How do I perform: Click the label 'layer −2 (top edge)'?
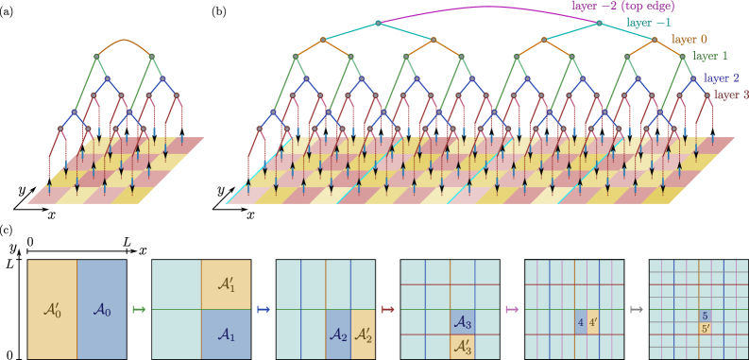coord(634,6)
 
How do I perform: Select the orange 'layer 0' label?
coord(689,40)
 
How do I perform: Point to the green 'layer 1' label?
coord(710,57)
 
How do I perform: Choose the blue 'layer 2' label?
coord(723,77)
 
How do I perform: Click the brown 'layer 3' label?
coord(730,94)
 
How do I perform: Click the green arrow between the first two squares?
coord(139,309)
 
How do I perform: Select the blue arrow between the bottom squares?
coord(264,309)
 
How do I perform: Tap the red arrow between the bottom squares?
coord(387,309)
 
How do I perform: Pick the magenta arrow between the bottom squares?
coord(512,309)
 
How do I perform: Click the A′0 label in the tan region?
coord(52,308)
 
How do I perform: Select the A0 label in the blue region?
coord(100,308)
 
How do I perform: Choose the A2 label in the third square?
coord(338,334)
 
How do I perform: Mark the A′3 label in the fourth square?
coord(462,347)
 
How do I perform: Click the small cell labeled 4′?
coord(593,321)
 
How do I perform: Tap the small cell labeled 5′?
coord(705,328)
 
